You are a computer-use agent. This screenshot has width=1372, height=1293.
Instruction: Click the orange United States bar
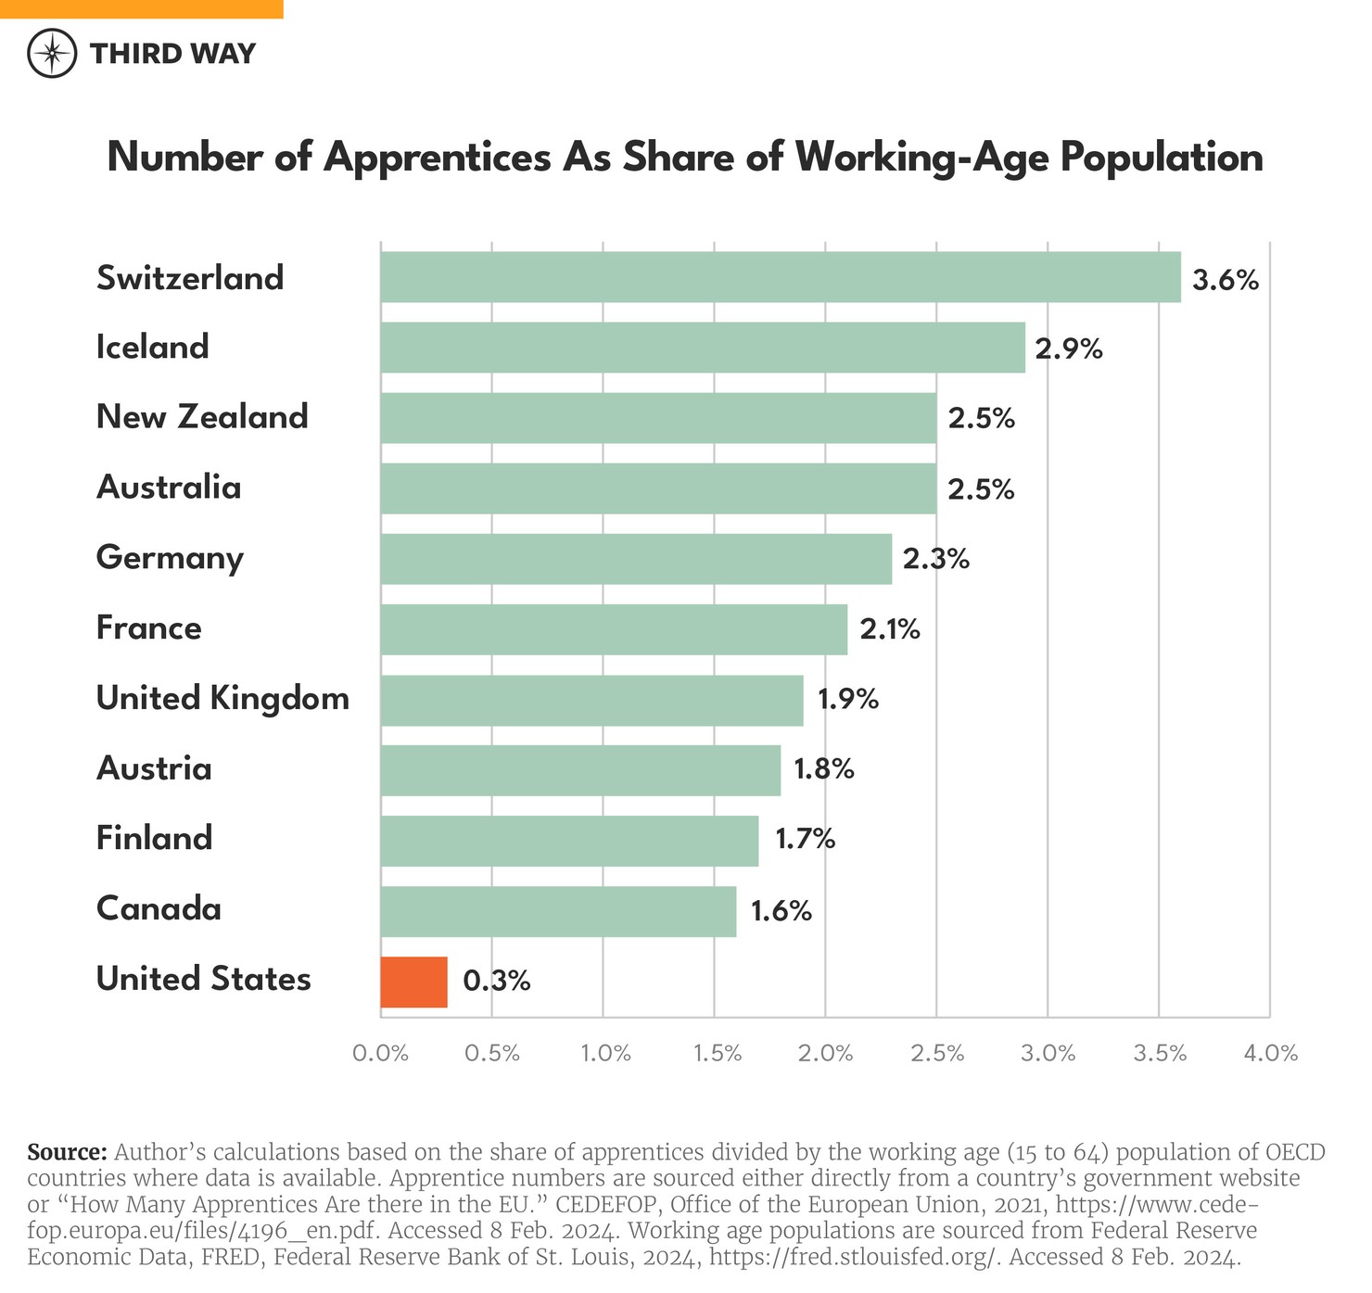click(413, 982)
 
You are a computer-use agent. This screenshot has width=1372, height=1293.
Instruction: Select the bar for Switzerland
click(781, 277)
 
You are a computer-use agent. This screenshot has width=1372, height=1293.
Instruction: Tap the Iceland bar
click(703, 348)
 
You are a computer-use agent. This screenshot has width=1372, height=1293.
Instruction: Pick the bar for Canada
click(558, 911)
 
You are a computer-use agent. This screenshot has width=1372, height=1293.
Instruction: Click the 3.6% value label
click(1225, 280)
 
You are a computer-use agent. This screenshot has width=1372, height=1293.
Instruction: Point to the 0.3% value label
click(497, 982)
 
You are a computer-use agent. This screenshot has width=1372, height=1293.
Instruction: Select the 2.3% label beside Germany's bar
click(936, 559)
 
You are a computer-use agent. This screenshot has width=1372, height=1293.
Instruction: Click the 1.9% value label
click(847, 699)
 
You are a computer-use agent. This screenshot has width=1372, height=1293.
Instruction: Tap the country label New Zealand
click(202, 417)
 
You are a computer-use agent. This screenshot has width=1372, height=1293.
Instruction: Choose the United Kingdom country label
click(222, 698)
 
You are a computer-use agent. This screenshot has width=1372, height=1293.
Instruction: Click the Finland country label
click(154, 838)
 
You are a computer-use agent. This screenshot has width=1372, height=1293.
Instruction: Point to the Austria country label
click(154, 768)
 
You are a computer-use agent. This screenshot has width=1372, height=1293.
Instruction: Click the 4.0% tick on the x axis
click(1270, 1053)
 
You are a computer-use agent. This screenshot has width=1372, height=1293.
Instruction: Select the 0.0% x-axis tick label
click(381, 1053)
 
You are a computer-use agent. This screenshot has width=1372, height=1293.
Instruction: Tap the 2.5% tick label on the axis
click(937, 1053)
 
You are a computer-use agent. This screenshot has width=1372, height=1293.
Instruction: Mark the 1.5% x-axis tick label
click(715, 1053)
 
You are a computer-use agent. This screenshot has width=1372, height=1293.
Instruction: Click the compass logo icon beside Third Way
click(51, 53)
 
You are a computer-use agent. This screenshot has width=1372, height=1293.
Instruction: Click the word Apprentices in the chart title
click(437, 158)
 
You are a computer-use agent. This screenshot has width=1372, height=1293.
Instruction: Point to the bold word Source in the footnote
click(68, 1152)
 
